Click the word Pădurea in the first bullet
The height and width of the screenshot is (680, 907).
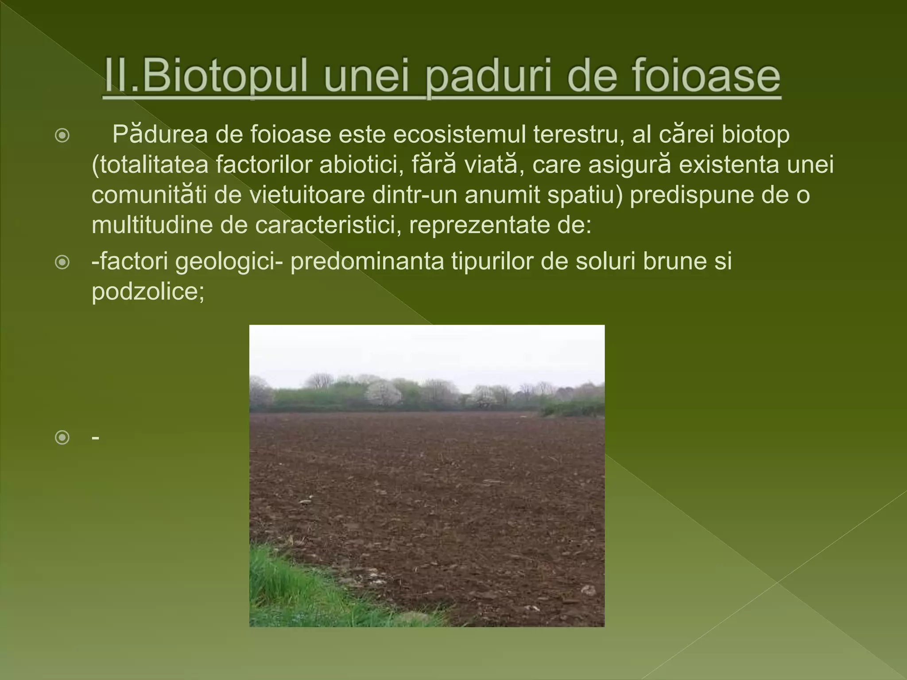pos(160,134)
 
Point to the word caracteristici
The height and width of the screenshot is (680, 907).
pos(325,225)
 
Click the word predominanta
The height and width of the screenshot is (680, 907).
pos(367,261)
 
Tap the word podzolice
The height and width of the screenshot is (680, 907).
pos(147,291)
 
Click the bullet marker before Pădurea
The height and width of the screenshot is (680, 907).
pos(62,135)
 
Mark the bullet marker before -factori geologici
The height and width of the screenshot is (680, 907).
pos(62,263)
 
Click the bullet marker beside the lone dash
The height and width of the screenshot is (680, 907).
pos(62,438)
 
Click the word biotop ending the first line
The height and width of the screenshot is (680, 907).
pos(756,134)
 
